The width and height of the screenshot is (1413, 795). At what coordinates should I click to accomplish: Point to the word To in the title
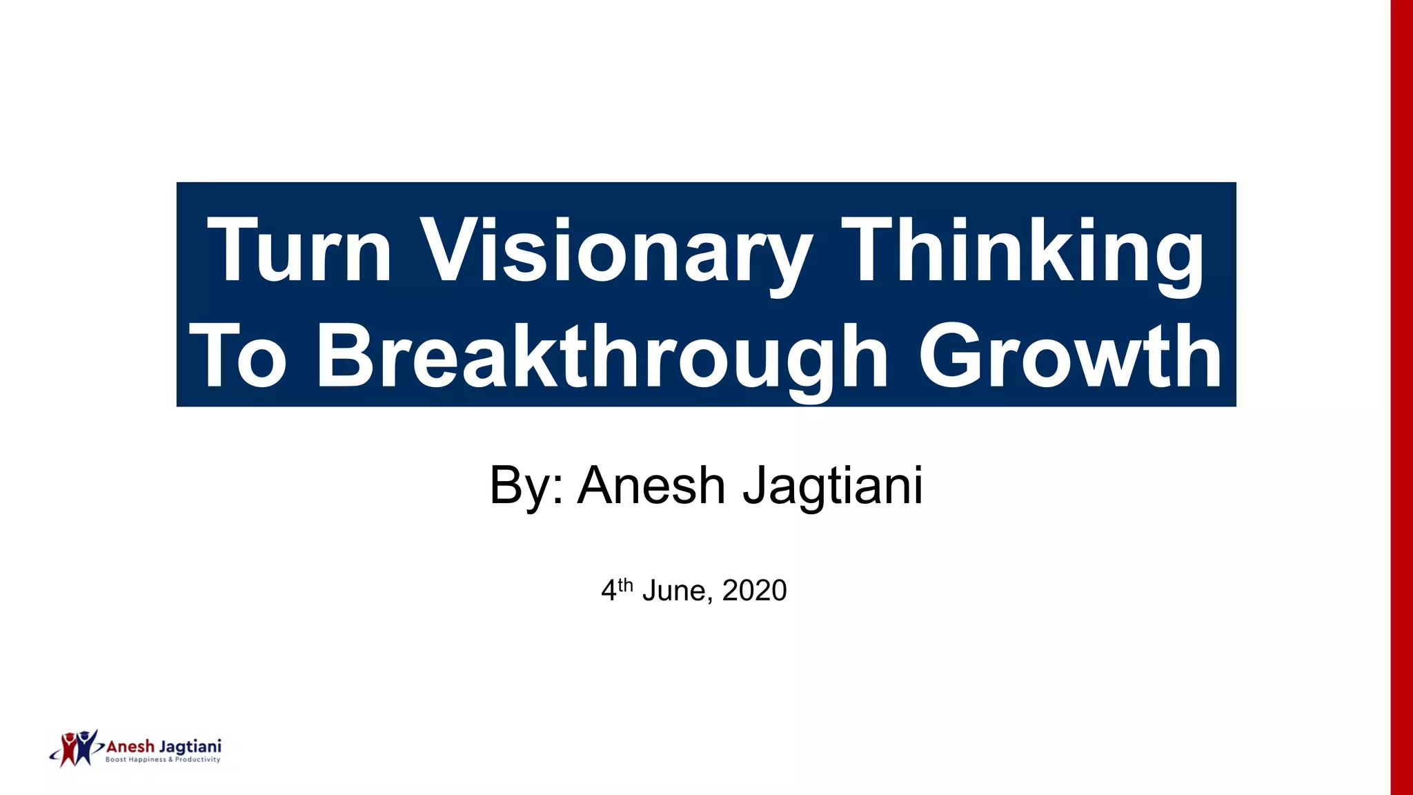pos(238,357)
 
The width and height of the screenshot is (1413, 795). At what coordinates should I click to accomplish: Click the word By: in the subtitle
pos(526,486)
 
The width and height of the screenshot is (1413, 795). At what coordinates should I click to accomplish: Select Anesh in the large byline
pos(651,485)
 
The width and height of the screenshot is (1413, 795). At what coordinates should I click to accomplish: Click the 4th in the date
pos(616,589)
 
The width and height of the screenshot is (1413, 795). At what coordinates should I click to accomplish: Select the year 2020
pos(754,591)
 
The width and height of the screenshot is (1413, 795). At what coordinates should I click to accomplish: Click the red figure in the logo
pos(69,748)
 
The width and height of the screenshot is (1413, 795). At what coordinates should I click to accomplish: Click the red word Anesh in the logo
pos(130,747)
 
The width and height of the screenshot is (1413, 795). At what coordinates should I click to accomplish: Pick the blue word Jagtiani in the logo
pos(190,747)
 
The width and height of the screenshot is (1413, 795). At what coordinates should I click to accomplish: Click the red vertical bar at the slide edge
pos(1401,397)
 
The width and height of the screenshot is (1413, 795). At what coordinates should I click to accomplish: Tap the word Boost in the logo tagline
pos(116,760)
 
